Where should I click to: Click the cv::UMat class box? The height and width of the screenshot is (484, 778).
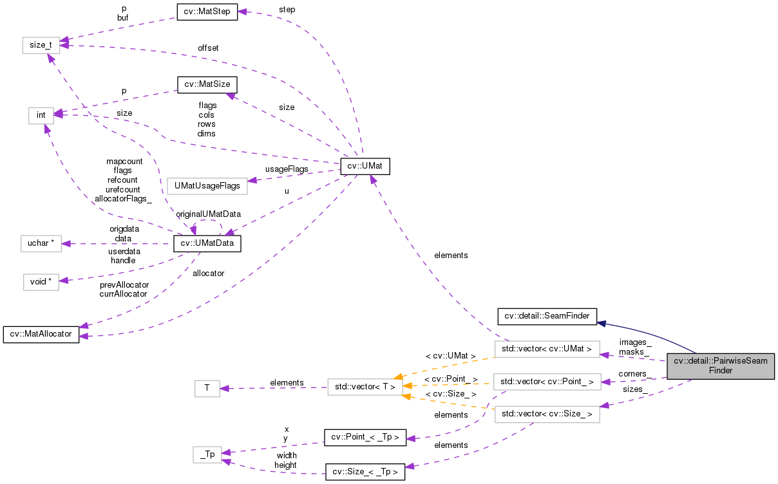click(x=365, y=167)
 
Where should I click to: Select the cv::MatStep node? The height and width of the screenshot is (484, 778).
click(x=207, y=12)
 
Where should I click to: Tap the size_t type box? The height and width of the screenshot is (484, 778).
click(x=41, y=45)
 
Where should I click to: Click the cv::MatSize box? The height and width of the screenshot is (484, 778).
click(x=207, y=84)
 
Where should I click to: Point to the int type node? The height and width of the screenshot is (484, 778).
click(x=41, y=115)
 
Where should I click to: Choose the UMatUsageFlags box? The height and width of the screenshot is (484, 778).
click(x=207, y=186)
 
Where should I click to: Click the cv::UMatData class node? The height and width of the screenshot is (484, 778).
click(x=207, y=243)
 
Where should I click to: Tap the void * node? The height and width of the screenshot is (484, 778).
click(x=41, y=282)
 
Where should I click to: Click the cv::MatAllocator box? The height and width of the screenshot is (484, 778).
click(x=41, y=335)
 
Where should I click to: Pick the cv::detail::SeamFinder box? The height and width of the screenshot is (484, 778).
click(x=547, y=316)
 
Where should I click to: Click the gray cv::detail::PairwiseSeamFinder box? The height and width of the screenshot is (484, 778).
click(x=720, y=366)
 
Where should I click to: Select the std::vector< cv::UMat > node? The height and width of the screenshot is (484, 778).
click(x=547, y=349)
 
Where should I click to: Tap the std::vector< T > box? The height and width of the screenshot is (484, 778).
click(x=365, y=387)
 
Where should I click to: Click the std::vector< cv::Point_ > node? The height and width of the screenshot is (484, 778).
click(x=547, y=382)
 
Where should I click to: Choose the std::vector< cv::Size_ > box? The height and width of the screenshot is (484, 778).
click(x=547, y=414)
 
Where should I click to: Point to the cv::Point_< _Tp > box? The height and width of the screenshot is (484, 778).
click(x=365, y=438)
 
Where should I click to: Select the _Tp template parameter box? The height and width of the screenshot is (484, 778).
click(x=207, y=454)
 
